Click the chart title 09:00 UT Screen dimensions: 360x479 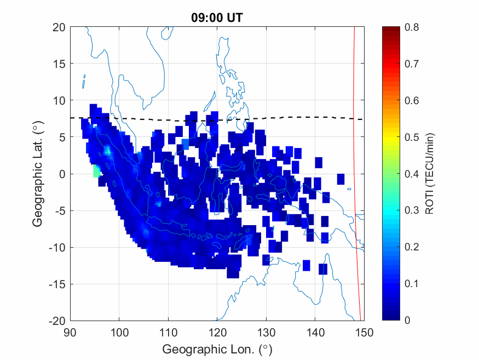(217, 18)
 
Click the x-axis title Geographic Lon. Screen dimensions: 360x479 (217, 349)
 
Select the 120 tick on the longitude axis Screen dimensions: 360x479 (217, 332)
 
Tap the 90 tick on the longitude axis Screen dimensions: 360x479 (70, 332)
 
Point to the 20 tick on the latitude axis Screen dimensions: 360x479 (59, 27)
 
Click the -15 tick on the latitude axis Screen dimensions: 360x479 (57, 284)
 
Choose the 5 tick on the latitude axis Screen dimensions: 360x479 (62, 137)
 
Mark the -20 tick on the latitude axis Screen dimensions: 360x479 (57, 321)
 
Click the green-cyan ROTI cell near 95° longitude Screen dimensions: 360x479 (96, 171)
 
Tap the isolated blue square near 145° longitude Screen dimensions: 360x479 (341, 179)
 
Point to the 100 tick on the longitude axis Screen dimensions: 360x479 (119, 332)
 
